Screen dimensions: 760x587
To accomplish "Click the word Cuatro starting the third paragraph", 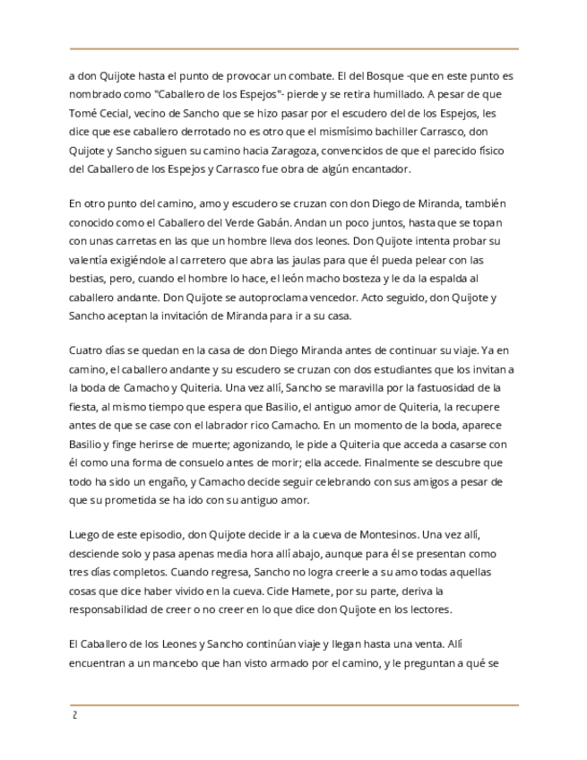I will tap(86, 350).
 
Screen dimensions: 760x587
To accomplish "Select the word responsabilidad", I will tap(114, 610).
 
